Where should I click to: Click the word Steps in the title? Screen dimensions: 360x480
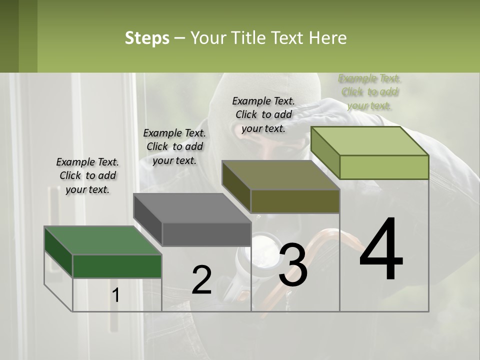[147, 38]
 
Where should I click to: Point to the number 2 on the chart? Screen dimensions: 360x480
[201, 280]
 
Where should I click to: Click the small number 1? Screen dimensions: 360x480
[115, 295]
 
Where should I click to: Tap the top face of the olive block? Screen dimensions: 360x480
[280, 175]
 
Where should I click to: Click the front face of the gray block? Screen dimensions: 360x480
[206, 234]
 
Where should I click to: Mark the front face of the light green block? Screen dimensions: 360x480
[384, 167]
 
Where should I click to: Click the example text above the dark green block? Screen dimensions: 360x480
[87, 175]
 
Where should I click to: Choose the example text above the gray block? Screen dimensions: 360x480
[174, 146]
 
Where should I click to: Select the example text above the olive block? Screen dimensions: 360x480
[263, 114]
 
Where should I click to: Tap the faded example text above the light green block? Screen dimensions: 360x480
[369, 91]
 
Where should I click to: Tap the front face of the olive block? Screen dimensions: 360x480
[295, 201]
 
